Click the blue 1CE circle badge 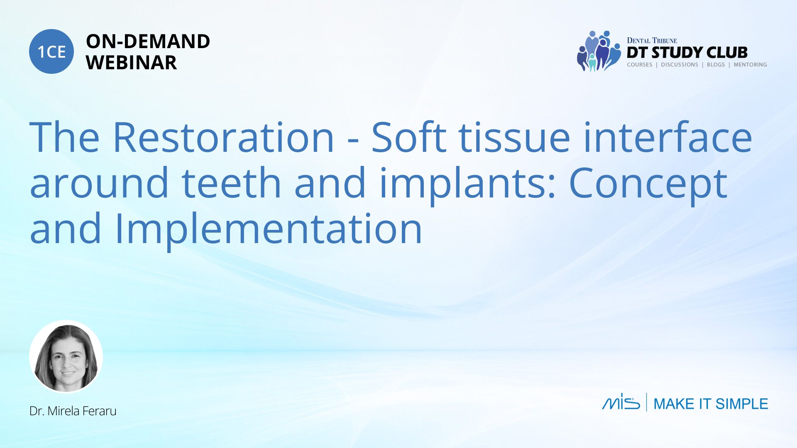pyautogui.click(x=51, y=51)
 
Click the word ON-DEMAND pyautogui.click(x=148, y=41)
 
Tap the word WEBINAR pyautogui.click(x=131, y=63)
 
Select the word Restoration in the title pyautogui.click(x=223, y=137)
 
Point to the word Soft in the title pyautogui.click(x=408, y=136)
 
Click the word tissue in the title pyautogui.click(x=514, y=137)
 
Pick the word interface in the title pyautogui.click(x=667, y=136)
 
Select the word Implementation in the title pyautogui.click(x=268, y=231)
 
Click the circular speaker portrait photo pyautogui.click(x=66, y=356)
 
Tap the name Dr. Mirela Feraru pyautogui.click(x=73, y=411)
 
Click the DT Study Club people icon pyautogui.click(x=598, y=51)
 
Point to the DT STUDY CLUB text pyautogui.click(x=687, y=53)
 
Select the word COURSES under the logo pyautogui.click(x=639, y=65)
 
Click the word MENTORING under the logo pyautogui.click(x=750, y=65)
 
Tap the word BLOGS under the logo pyautogui.click(x=716, y=65)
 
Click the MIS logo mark pyautogui.click(x=621, y=402)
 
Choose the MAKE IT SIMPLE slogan pyautogui.click(x=711, y=404)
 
